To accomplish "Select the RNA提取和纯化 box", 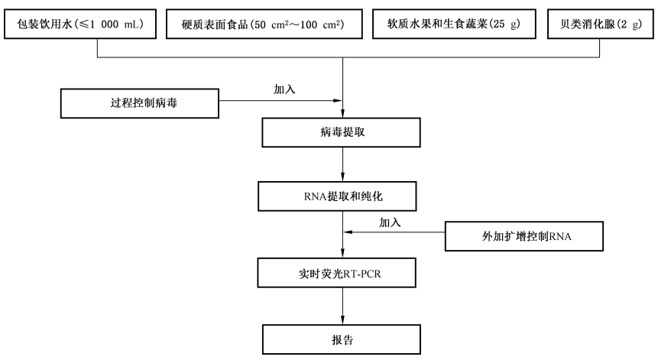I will [x=342, y=196].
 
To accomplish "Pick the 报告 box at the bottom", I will [x=342, y=337].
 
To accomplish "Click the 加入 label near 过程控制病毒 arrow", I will [x=285, y=89].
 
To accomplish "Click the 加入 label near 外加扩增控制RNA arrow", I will [x=391, y=222].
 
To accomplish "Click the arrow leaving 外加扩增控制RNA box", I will [x=394, y=234].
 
